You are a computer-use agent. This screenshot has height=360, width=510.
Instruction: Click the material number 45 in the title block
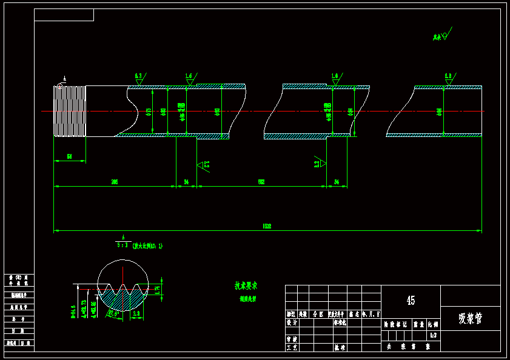click(x=411, y=301)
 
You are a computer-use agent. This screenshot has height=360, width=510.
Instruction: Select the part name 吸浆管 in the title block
click(x=471, y=318)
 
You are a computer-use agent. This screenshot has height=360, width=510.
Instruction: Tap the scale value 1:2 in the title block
click(x=433, y=335)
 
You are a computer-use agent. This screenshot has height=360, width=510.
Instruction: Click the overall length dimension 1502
click(x=267, y=226)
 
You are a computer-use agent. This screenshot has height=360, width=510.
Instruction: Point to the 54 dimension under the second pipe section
click(x=337, y=182)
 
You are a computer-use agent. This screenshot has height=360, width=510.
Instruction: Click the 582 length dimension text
click(x=261, y=182)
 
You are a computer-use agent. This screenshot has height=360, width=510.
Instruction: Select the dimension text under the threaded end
click(x=69, y=156)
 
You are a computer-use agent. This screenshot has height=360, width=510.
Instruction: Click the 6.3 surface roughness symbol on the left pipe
click(x=139, y=79)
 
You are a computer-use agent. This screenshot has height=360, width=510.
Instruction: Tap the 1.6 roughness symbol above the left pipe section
click(x=189, y=79)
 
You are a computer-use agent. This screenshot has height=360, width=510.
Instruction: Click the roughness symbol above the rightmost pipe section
click(x=449, y=79)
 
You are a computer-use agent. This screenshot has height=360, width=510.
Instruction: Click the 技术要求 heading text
click(x=246, y=285)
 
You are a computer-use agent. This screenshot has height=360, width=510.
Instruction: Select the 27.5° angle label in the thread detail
click(x=113, y=313)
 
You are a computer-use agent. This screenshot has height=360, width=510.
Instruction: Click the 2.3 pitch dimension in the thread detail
click(x=136, y=313)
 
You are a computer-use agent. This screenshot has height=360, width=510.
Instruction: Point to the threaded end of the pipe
click(x=69, y=111)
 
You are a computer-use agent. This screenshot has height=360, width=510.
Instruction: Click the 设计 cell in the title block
click(x=292, y=323)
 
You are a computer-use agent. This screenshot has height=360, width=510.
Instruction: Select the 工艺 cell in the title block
click(x=292, y=347)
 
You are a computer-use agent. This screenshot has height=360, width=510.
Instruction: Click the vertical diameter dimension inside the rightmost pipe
click(x=439, y=112)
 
